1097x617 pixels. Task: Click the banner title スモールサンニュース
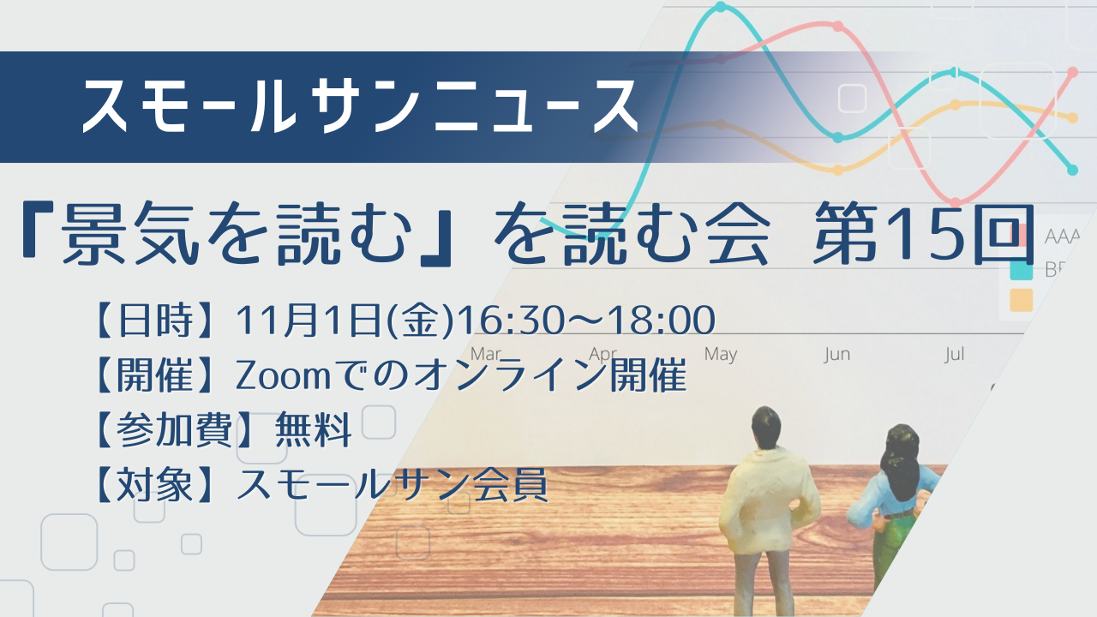pos(360,105)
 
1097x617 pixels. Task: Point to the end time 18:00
pos(660,320)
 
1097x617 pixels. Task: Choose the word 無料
pos(314,430)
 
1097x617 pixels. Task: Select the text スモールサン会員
pos(392,485)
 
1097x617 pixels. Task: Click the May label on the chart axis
pos(721,354)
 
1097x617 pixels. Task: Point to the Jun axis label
pos(837,354)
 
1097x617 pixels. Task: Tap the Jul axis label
pos(955,354)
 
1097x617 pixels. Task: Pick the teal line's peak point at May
pos(721,7)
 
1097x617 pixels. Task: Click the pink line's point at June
pos(838,26)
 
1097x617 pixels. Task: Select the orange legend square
pos(1021,300)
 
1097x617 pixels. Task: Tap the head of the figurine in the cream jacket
pos(766,427)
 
